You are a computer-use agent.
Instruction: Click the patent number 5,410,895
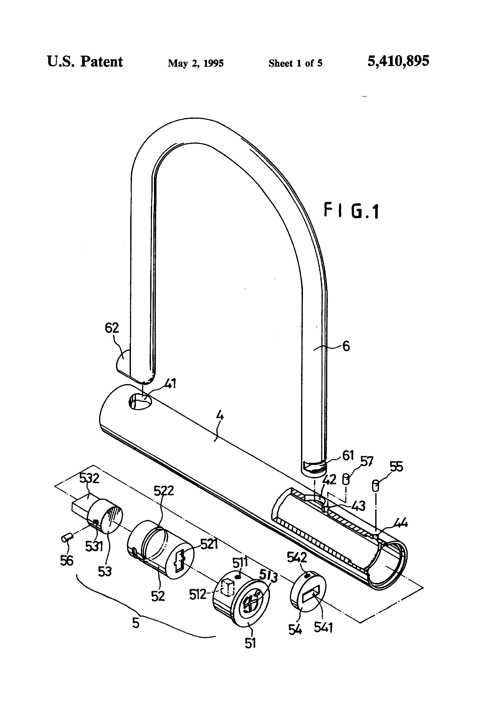(398, 61)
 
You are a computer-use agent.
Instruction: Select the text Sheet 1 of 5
(295, 63)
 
